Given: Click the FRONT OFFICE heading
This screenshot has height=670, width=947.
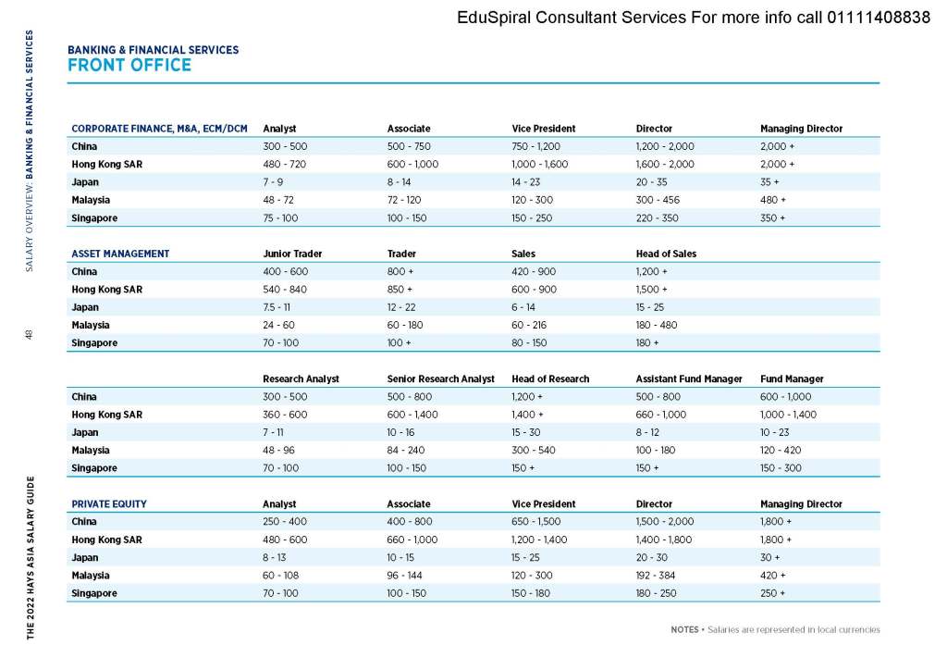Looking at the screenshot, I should pyautogui.click(x=129, y=66).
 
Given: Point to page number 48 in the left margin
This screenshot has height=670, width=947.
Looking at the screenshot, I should pyautogui.click(x=30, y=335).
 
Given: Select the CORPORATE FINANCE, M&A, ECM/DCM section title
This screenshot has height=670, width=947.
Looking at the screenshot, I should pyautogui.click(x=160, y=129).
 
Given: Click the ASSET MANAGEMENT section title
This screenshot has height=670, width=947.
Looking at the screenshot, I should pyautogui.click(x=120, y=254).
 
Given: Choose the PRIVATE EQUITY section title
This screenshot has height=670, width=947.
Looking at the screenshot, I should pyautogui.click(x=109, y=504).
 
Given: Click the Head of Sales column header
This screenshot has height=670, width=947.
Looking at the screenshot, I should pyautogui.click(x=666, y=254).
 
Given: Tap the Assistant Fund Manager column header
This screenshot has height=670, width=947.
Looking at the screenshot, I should pyautogui.click(x=689, y=378).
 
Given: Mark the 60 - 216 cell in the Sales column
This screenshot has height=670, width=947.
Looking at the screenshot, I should pyautogui.click(x=531, y=325).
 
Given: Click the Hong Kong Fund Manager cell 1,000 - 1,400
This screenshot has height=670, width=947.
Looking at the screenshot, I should pyautogui.click(x=788, y=415).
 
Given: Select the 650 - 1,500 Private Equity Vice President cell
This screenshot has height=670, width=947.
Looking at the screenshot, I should pyautogui.click(x=536, y=522).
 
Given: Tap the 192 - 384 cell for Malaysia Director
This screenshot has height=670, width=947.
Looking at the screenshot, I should pyautogui.click(x=657, y=576).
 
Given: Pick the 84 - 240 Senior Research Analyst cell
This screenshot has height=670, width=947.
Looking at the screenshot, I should pyautogui.click(x=408, y=451).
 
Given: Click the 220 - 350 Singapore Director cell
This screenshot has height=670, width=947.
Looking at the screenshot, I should pyautogui.click(x=658, y=218).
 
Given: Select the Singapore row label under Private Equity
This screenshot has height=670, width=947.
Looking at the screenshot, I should pyautogui.click(x=94, y=593).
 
